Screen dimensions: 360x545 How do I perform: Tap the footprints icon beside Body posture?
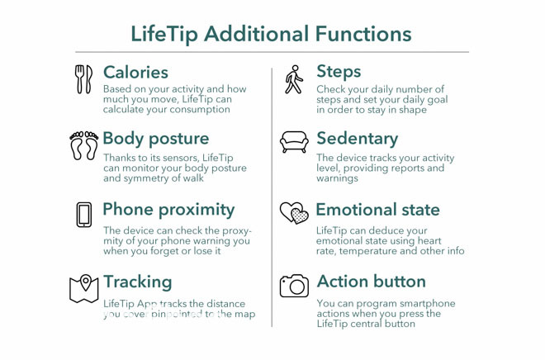point(84,144)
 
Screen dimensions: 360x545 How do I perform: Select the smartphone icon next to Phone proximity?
point(84,214)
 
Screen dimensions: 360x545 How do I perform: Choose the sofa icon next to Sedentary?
point(295,142)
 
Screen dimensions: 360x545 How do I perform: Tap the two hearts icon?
point(294,213)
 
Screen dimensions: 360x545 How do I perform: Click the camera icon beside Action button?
point(294,286)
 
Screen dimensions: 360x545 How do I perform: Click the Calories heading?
point(135,73)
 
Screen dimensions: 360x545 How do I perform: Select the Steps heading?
point(339,72)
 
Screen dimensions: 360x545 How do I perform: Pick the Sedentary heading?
point(357,138)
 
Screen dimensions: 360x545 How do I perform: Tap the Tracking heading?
point(137,282)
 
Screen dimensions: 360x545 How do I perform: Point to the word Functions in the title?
point(363,34)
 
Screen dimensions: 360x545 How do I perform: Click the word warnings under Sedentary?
point(338,178)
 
